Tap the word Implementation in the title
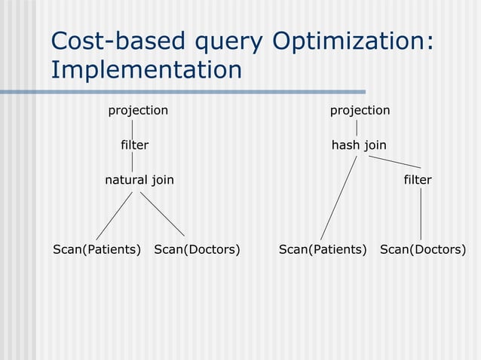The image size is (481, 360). pos(146,70)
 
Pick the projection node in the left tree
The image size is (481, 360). pos(138,111)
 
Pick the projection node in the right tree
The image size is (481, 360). pos(360,111)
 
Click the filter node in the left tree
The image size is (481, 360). pos(135,145)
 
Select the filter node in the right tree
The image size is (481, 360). pos(418,180)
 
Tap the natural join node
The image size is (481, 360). pos(139,180)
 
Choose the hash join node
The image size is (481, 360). pos(359,145)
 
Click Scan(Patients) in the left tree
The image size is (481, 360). pos(97,249)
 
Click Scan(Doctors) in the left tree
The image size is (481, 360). pos(197,249)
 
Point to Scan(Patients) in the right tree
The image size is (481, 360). pos(323,249)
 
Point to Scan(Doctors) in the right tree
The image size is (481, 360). pos(423,249)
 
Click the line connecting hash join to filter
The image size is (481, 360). pos(394,161)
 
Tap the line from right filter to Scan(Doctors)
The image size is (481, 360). pos(421,214)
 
